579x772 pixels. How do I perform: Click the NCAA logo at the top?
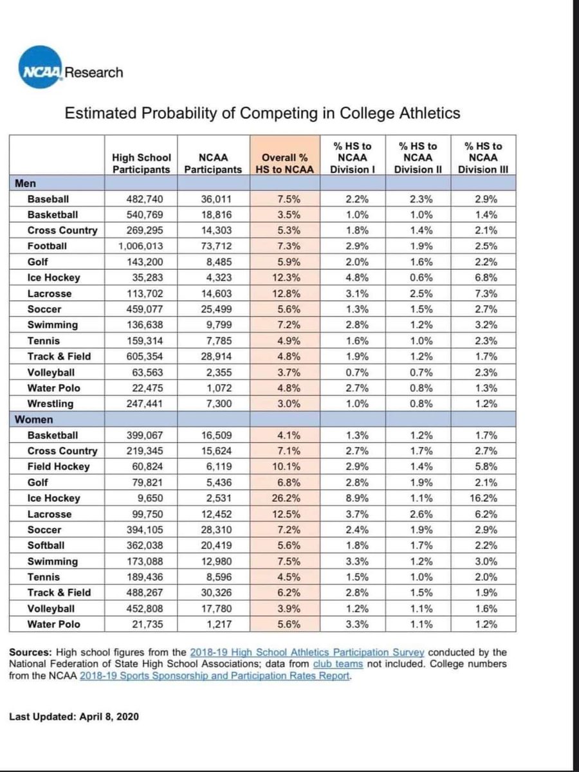pos(35,72)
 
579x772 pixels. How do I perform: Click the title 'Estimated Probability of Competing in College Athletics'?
pos(262,113)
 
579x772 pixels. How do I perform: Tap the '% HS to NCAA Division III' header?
pos(486,158)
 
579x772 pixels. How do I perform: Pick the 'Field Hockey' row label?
pos(59,466)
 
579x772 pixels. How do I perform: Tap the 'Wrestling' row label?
pos(50,403)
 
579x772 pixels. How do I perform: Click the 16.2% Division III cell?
pos(486,498)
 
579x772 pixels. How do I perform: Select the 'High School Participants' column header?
pos(141,163)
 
